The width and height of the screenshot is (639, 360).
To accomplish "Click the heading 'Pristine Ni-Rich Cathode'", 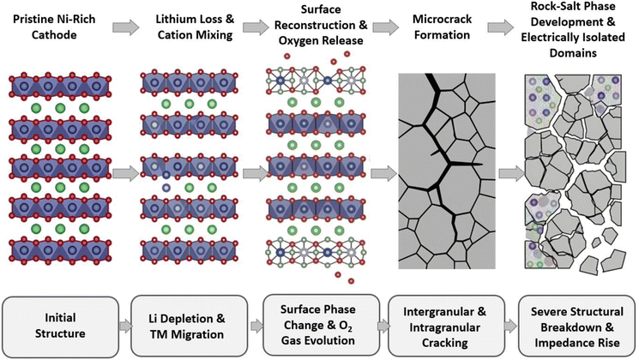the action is point(54,27).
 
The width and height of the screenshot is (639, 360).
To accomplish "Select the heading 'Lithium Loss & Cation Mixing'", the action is point(195,27).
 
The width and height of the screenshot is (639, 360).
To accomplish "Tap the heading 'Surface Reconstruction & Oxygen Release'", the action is point(321,25).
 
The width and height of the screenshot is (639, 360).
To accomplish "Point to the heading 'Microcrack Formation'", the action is point(443,27).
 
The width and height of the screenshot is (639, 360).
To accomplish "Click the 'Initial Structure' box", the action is point(60,327).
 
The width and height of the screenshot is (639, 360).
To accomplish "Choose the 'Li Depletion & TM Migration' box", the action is point(189,327).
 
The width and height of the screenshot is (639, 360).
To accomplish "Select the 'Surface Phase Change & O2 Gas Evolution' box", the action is point(321,326).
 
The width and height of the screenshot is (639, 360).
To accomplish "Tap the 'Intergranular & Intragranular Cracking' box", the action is point(446,327).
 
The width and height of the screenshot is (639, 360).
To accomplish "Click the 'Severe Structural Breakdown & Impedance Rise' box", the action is point(576,327).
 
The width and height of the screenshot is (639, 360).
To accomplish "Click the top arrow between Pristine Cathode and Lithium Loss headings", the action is point(126,27).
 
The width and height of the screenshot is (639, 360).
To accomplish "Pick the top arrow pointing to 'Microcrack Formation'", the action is point(385,27).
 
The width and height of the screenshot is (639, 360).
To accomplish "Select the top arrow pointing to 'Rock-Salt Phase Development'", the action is point(501,27).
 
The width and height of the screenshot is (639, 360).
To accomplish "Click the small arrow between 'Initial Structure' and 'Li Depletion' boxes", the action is point(125,327).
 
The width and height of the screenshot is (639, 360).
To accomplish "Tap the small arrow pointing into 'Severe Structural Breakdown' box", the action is point(511,327).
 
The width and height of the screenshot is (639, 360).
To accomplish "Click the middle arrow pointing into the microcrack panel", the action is point(384,174).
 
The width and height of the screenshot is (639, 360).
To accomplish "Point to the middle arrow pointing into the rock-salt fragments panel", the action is point(512,174).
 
